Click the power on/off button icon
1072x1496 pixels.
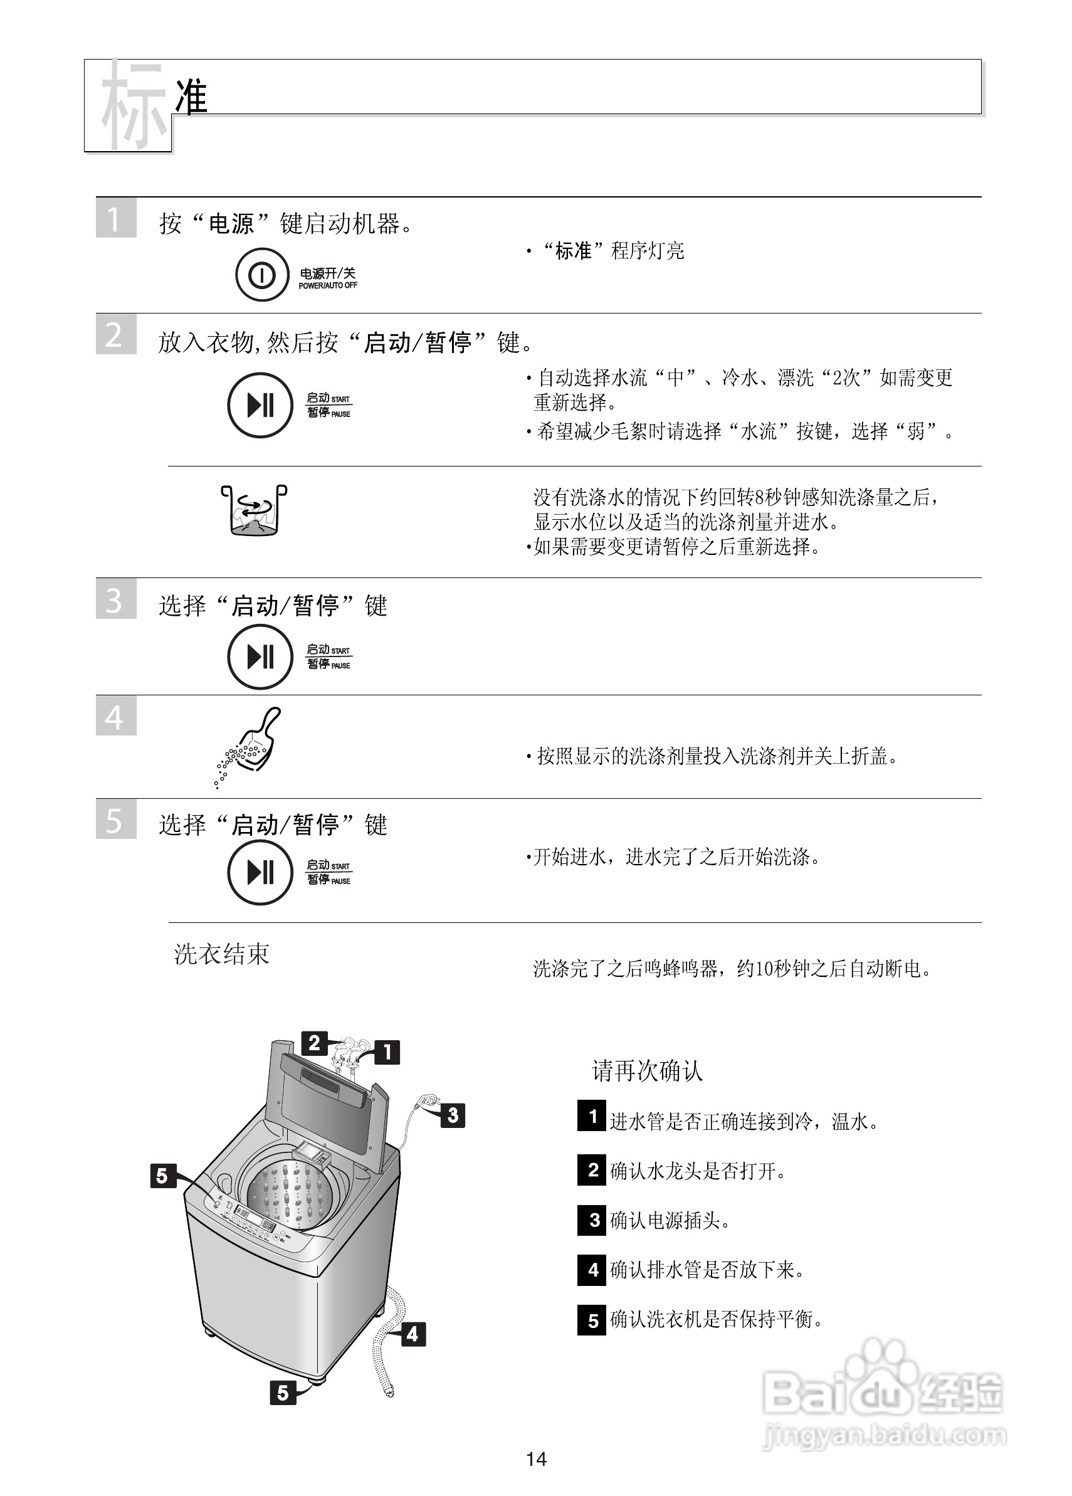(x=262, y=275)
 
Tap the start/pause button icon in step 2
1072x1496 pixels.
(x=260, y=405)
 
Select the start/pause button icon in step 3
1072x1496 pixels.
(x=260, y=657)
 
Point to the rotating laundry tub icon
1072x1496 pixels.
(x=254, y=510)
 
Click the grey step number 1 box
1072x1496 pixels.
(x=115, y=218)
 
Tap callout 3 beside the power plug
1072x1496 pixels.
(x=453, y=1115)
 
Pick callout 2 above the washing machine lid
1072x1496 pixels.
(x=314, y=1043)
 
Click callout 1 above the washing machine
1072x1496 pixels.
(x=387, y=1051)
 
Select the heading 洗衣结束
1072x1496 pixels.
(x=222, y=954)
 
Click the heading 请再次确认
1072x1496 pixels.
(x=647, y=1070)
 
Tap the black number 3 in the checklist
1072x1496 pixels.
(x=591, y=1219)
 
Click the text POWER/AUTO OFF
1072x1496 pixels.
(x=328, y=286)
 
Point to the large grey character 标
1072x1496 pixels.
(x=132, y=105)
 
